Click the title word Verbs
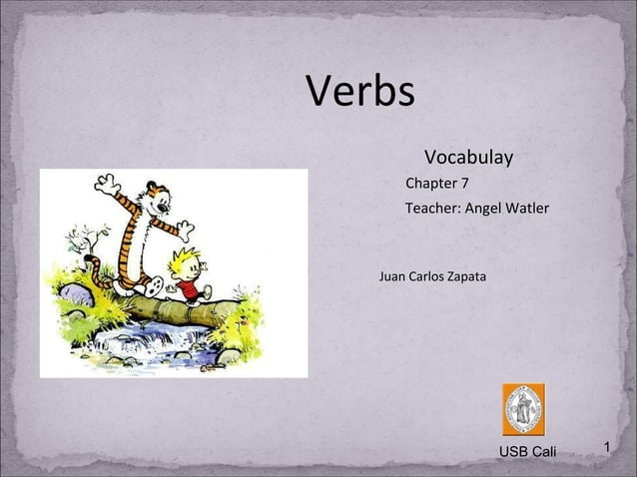click(x=359, y=93)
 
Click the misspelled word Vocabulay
click(x=468, y=158)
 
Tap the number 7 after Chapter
click(x=464, y=184)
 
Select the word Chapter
click(x=430, y=184)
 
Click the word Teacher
click(x=432, y=210)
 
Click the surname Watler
click(x=529, y=210)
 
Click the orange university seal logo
click(x=523, y=409)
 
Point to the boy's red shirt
click(x=189, y=288)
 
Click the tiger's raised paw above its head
click(x=105, y=183)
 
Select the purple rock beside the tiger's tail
click(x=72, y=294)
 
